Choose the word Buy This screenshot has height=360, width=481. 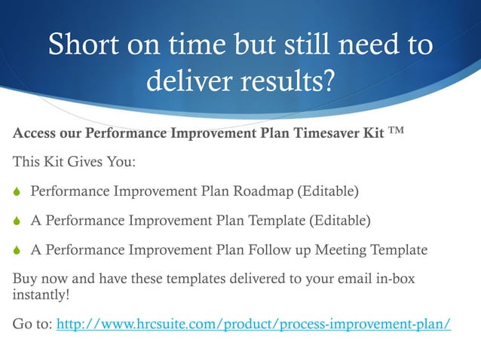pos(25,279)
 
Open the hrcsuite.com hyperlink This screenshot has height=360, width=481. pos(254,325)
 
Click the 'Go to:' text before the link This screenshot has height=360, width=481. pos(33,325)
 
